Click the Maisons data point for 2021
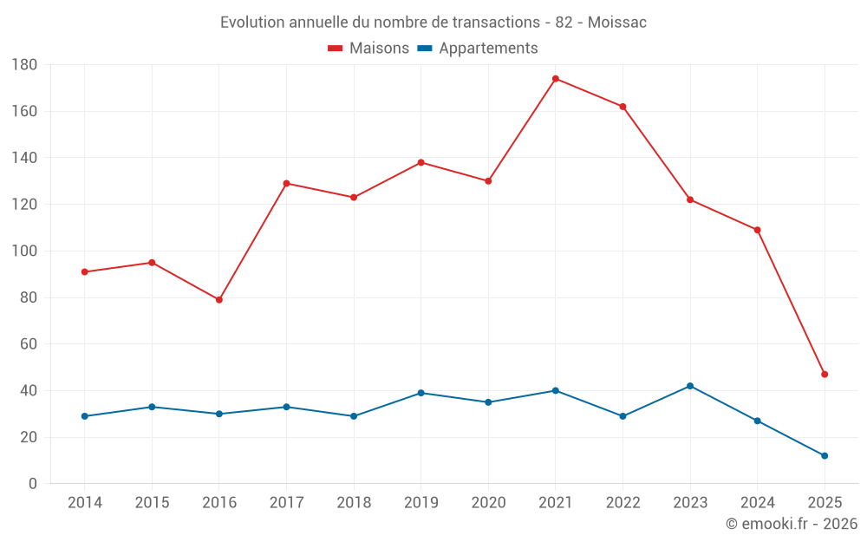556,79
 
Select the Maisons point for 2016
219,300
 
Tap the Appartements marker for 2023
690,386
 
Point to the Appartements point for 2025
825,455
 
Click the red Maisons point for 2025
825,375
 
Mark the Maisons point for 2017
286,183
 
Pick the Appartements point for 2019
421,393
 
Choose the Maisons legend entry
368,49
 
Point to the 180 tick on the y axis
24,65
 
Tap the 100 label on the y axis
24,251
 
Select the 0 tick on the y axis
32,484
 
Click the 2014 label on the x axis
84,503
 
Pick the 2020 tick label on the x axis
488,503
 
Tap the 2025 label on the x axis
825,503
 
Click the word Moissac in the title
617,23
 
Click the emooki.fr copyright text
792,524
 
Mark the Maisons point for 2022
623,107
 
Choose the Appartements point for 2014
84,416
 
